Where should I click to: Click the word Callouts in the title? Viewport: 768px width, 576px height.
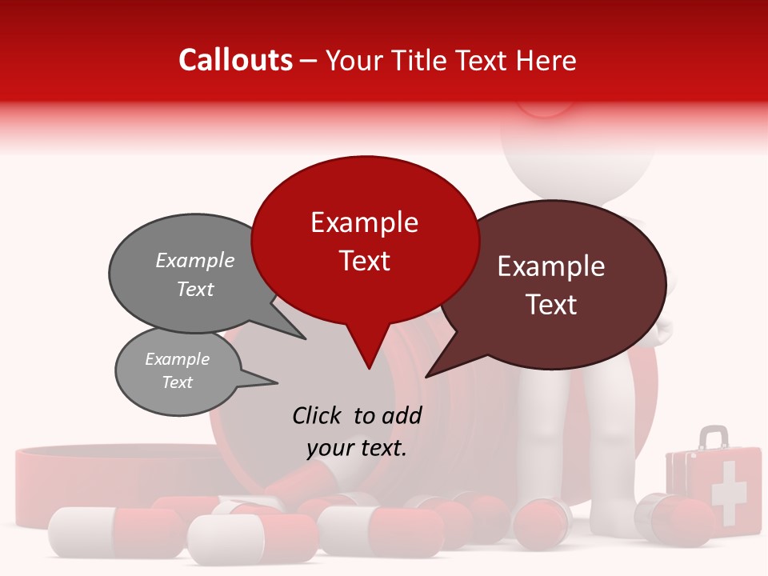tap(235, 60)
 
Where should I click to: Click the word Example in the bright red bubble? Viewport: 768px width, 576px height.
tap(364, 222)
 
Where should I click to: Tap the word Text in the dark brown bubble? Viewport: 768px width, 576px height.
tap(551, 305)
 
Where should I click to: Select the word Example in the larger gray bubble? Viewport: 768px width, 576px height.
tap(195, 261)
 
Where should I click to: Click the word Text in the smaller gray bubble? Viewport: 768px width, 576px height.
tap(178, 382)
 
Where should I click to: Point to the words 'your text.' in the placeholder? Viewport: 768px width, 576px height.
tap(357, 448)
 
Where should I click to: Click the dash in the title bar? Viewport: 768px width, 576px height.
tap(310, 61)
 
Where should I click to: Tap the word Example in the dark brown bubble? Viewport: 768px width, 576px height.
tap(551, 266)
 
